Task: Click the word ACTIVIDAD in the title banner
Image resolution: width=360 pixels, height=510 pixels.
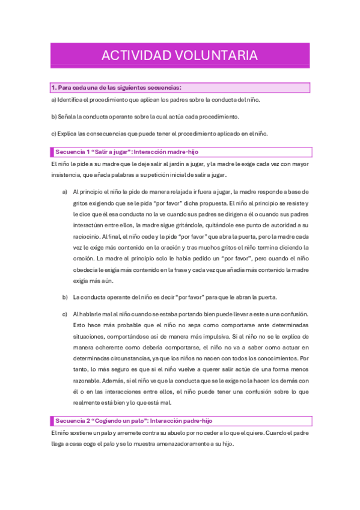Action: [133, 56]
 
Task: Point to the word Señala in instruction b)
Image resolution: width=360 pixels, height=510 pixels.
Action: [69, 116]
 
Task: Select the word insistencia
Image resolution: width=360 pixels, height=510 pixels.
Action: [67, 174]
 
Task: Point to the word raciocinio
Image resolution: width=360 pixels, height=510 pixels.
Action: [86, 236]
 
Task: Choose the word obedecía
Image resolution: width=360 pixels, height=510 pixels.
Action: [85, 269]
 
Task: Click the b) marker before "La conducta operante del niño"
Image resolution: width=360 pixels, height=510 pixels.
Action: [65, 297]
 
